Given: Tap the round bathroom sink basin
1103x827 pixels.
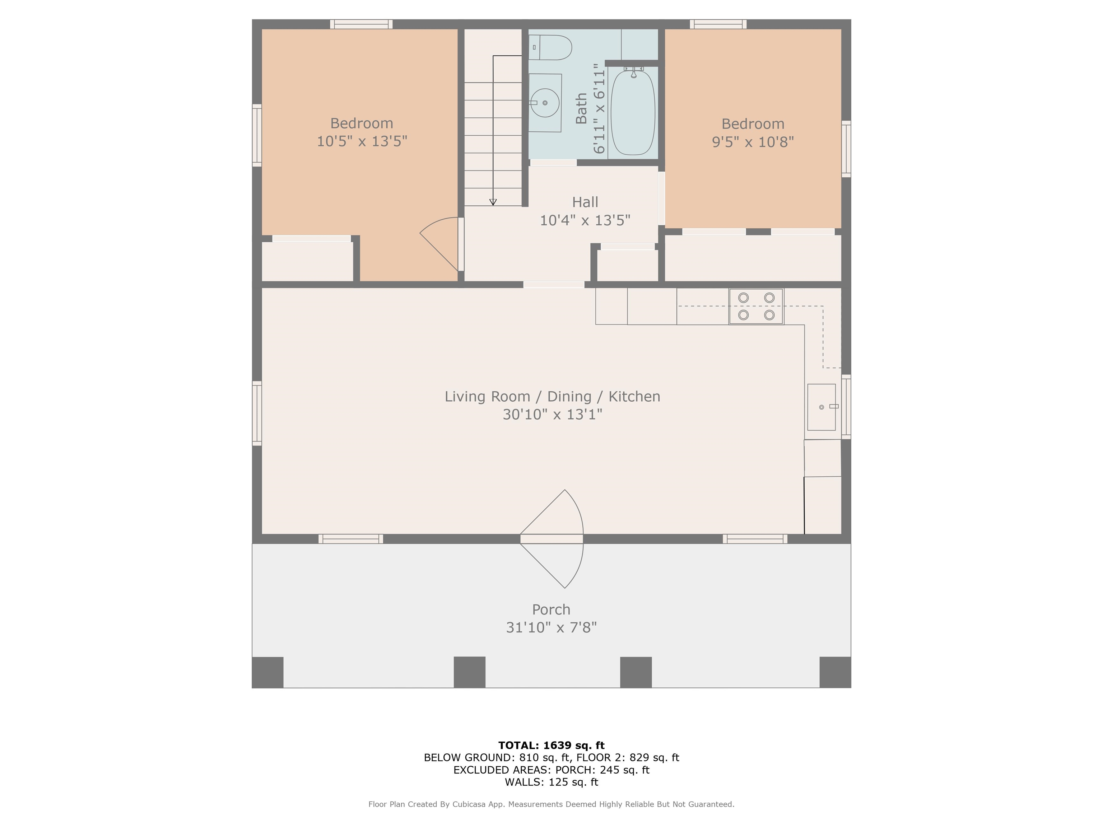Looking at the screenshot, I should (545, 103).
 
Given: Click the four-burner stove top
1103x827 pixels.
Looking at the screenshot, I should (756, 307).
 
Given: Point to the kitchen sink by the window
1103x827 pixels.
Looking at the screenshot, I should (821, 407).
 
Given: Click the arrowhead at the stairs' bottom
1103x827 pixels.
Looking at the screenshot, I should (493, 202).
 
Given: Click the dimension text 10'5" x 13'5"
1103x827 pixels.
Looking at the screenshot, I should (362, 141).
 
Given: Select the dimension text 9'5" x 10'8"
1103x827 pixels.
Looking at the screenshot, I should (753, 142).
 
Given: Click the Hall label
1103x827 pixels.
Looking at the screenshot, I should (585, 202).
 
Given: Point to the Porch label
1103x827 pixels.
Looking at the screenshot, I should (551, 609).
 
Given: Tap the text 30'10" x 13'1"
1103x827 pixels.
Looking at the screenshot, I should (552, 414).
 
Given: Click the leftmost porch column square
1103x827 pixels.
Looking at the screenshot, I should (268, 672).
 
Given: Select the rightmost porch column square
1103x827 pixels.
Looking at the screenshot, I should (835, 672).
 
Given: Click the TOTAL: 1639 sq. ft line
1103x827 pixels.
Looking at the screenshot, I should (551, 745).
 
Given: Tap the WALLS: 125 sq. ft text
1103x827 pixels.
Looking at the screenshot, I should (551, 782).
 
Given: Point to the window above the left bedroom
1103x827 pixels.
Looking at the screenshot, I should (361, 24).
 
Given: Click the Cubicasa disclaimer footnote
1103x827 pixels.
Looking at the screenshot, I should (551, 804).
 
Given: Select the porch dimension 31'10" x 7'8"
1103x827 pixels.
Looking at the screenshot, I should (551, 627).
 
